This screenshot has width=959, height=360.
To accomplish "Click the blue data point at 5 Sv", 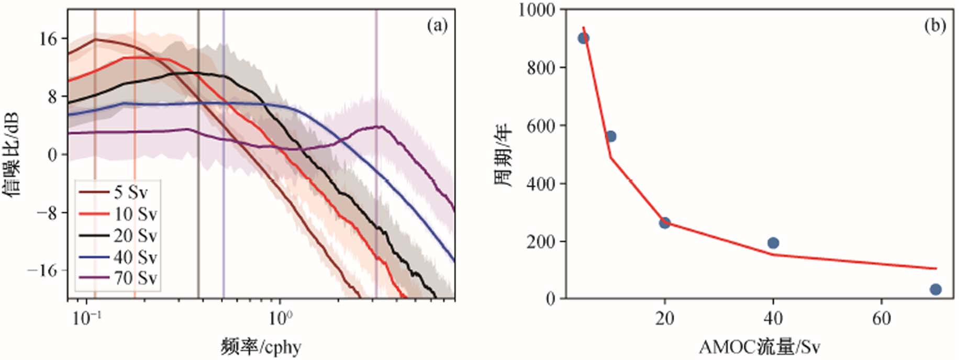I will (583, 38).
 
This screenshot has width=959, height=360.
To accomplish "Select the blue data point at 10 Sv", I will (610, 137).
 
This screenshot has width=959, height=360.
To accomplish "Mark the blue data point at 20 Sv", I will (665, 223).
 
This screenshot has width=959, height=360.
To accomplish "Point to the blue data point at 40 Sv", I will (773, 243).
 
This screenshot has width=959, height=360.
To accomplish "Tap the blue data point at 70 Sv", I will (936, 289).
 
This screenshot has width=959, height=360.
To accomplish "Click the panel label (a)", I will (437, 25).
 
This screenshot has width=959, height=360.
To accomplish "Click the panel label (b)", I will (935, 25).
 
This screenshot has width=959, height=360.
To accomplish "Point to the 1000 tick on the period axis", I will (537, 9).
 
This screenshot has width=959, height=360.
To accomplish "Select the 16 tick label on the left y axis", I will (50, 39).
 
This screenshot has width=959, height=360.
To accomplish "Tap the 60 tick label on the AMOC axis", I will (882, 319).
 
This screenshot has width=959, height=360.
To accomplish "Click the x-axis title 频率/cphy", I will (261, 346).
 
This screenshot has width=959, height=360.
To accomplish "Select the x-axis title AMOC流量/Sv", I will (759, 346).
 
